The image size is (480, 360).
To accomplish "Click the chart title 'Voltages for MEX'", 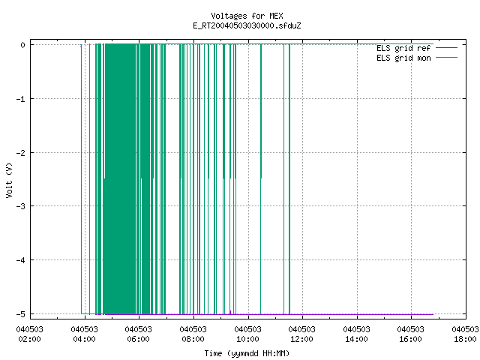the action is pyautogui.click(x=247, y=16).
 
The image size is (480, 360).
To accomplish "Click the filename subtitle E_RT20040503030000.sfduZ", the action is pyautogui.click(x=247, y=25).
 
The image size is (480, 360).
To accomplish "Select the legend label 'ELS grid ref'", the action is pyautogui.click(x=403, y=48).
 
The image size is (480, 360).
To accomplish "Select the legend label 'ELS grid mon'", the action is pyautogui.click(x=403, y=58).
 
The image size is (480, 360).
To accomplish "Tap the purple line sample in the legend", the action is pyautogui.click(x=447, y=48).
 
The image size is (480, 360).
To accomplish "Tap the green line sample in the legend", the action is pyautogui.click(x=447, y=58).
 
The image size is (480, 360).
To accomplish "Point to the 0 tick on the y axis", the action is pyautogui.click(x=23, y=45).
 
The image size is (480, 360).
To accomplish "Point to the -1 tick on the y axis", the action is pyautogui.click(x=20, y=99).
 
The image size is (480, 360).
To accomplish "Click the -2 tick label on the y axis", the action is pyautogui.click(x=20, y=153).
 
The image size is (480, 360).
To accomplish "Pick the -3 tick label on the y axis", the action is pyautogui.click(x=20, y=206).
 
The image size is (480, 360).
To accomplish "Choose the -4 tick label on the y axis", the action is pyautogui.click(x=20, y=260).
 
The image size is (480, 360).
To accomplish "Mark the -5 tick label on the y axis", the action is pyautogui.click(x=20, y=314).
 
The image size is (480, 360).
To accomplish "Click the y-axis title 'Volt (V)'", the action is pyautogui.click(x=9, y=180).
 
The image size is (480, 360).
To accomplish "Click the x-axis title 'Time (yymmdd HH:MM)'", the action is pyautogui.click(x=247, y=353).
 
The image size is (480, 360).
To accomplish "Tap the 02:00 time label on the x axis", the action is pyautogui.click(x=30, y=339).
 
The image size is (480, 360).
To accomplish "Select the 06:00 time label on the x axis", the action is pyautogui.click(x=138, y=339).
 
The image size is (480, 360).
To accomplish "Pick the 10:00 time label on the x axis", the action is pyautogui.click(x=247, y=339).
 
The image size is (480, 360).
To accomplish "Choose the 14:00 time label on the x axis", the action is pyautogui.click(x=356, y=339).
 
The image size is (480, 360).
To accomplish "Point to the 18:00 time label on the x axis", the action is pyautogui.click(x=465, y=339).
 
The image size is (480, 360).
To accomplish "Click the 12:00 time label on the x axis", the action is pyautogui.click(x=301, y=339).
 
